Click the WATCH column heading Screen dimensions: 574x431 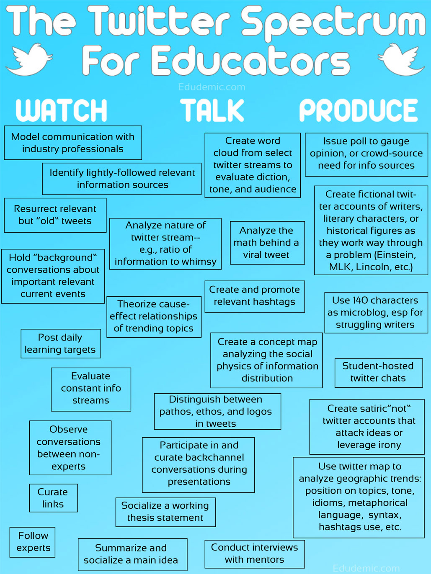(62, 110)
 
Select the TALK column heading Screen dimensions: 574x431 (212, 110)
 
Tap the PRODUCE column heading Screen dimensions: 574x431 (359, 110)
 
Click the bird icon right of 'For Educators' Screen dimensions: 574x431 (401, 60)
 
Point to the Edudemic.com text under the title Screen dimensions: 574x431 (212, 87)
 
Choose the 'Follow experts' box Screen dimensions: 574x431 (33, 542)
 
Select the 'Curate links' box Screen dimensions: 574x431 (53, 498)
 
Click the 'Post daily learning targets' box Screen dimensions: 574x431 (60, 343)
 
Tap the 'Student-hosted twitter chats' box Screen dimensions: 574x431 (378, 372)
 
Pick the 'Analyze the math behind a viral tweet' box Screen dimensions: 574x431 (266, 243)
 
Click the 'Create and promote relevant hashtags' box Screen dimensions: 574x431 (254, 296)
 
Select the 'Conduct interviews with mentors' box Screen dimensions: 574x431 (254, 553)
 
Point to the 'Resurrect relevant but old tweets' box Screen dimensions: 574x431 (55, 215)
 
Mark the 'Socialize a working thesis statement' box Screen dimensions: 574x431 (165, 512)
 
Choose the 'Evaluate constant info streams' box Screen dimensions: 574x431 (91, 388)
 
